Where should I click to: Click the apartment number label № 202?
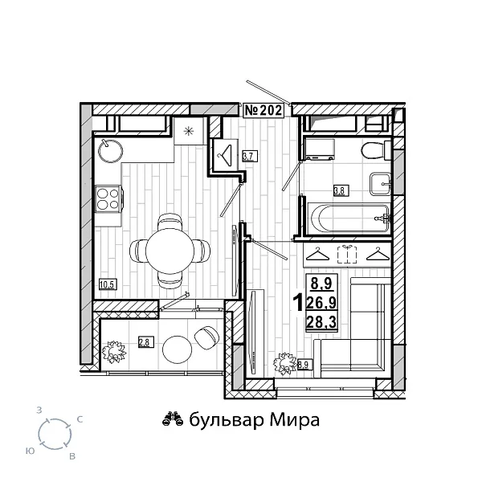[263, 111]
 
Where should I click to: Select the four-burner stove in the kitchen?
[108, 198]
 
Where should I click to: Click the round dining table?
[169, 250]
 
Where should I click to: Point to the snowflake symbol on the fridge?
[190, 131]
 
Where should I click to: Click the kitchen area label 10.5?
[107, 283]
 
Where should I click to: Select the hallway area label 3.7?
[249, 156]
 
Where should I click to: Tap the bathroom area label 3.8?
[340, 191]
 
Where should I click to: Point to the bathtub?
[346, 214]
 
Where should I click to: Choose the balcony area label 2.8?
[145, 341]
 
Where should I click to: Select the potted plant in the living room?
[284, 362]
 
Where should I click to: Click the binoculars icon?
[172, 419]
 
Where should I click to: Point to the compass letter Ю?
[30, 451]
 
